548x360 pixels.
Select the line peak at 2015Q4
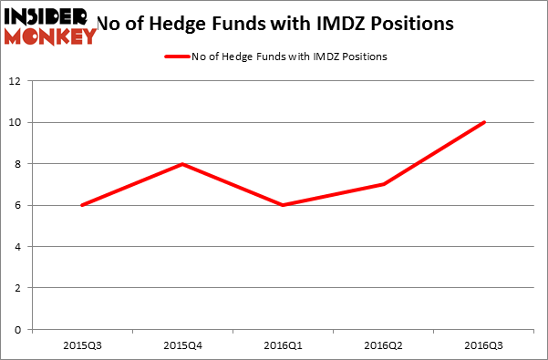pyautogui.click(x=184, y=164)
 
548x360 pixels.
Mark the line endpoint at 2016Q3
pyautogui.click(x=484, y=122)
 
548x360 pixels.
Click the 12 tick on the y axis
pyautogui.click(x=16, y=81)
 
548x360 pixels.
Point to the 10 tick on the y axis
pyautogui.click(x=16, y=122)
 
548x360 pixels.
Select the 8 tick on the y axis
pyautogui.click(x=18, y=164)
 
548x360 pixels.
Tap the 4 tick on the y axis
pyautogui.click(x=18, y=246)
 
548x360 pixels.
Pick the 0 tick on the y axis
pyautogui.click(x=18, y=329)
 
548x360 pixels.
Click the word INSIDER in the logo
pyautogui.click(x=46, y=17)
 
